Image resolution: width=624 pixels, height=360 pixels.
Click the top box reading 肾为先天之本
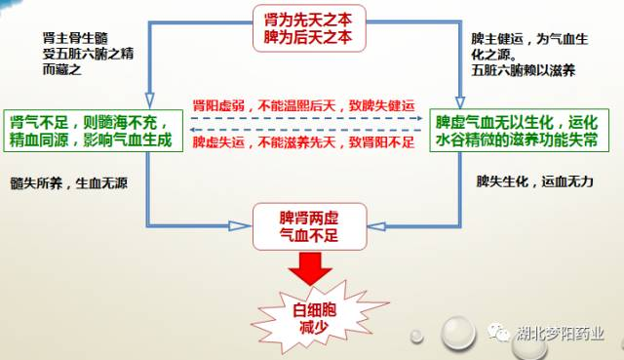point(309,28)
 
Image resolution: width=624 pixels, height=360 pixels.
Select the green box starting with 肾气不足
point(94,131)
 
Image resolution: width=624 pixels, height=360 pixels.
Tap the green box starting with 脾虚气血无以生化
point(520,130)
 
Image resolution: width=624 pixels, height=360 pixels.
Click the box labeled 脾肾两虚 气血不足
point(309,226)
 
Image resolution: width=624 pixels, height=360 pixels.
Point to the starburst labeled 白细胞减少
point(314,317)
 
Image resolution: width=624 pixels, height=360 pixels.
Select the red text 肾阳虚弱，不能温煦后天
point(303,106)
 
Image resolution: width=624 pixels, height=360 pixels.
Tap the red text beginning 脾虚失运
point(303,142)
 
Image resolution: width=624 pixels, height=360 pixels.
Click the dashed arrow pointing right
point(306,118)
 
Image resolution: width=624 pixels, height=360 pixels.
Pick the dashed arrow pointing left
point(305,130)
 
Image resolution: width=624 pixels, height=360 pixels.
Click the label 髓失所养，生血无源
point(69,183)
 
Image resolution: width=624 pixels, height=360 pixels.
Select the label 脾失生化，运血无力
point(535,181)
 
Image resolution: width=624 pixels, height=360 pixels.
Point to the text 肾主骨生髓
point(75,38)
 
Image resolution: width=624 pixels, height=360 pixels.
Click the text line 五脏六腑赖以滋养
point(524,70)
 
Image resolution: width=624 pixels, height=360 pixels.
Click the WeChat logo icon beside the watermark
point(499,332)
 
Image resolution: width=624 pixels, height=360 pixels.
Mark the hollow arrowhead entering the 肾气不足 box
point(149,101)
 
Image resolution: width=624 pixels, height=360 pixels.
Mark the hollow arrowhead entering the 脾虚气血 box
point(460,102)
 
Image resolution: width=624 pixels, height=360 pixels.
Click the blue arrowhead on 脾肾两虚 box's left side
point(240,226)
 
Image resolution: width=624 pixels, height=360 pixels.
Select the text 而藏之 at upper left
point(62,69)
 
